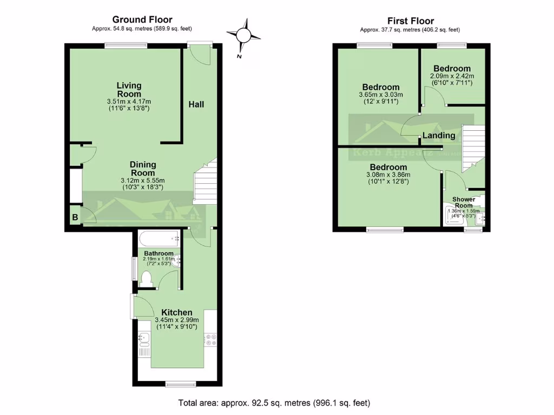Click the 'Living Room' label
[x=129, y=90]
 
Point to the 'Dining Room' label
[x=142, y=169]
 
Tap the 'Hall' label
[x=196, y=104]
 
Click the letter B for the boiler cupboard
[x=74, y=218]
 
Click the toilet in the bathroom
[x=146, y=278]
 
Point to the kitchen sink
[x=144, y=338]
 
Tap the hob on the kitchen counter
[x=210, y=339]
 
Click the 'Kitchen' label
[x=177, y=312]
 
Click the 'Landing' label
[x=439, y=135]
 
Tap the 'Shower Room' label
[x=464, y=203]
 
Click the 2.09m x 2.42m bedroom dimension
[x=452, y=76]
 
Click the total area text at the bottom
[x=274, y=403]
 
